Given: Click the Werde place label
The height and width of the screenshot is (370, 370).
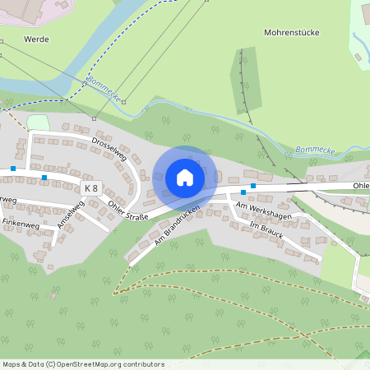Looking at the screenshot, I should click(x=37, y=39).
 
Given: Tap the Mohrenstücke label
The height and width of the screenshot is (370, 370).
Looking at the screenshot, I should click(x=291, y=32).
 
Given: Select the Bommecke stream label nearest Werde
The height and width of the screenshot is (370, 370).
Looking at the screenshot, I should click(x=104, y=90).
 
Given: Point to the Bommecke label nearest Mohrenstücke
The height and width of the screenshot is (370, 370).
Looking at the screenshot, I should click(x=314, y=151).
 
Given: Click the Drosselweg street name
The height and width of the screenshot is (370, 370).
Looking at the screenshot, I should click(x=109, y=149).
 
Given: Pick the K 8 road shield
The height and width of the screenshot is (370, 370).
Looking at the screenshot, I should click(x=90, y=188).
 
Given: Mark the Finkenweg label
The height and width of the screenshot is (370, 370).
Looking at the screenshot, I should click(x=21, y=223).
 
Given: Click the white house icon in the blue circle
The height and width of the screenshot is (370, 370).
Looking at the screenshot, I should click(x=185, y=178).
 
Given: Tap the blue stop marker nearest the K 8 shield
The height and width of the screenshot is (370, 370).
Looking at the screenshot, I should click(x=44, y=176).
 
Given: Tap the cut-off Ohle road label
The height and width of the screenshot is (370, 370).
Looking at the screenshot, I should click(x=361, y=186).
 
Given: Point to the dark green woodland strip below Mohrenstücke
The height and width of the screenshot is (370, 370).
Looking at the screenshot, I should click(x=245, y=82).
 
